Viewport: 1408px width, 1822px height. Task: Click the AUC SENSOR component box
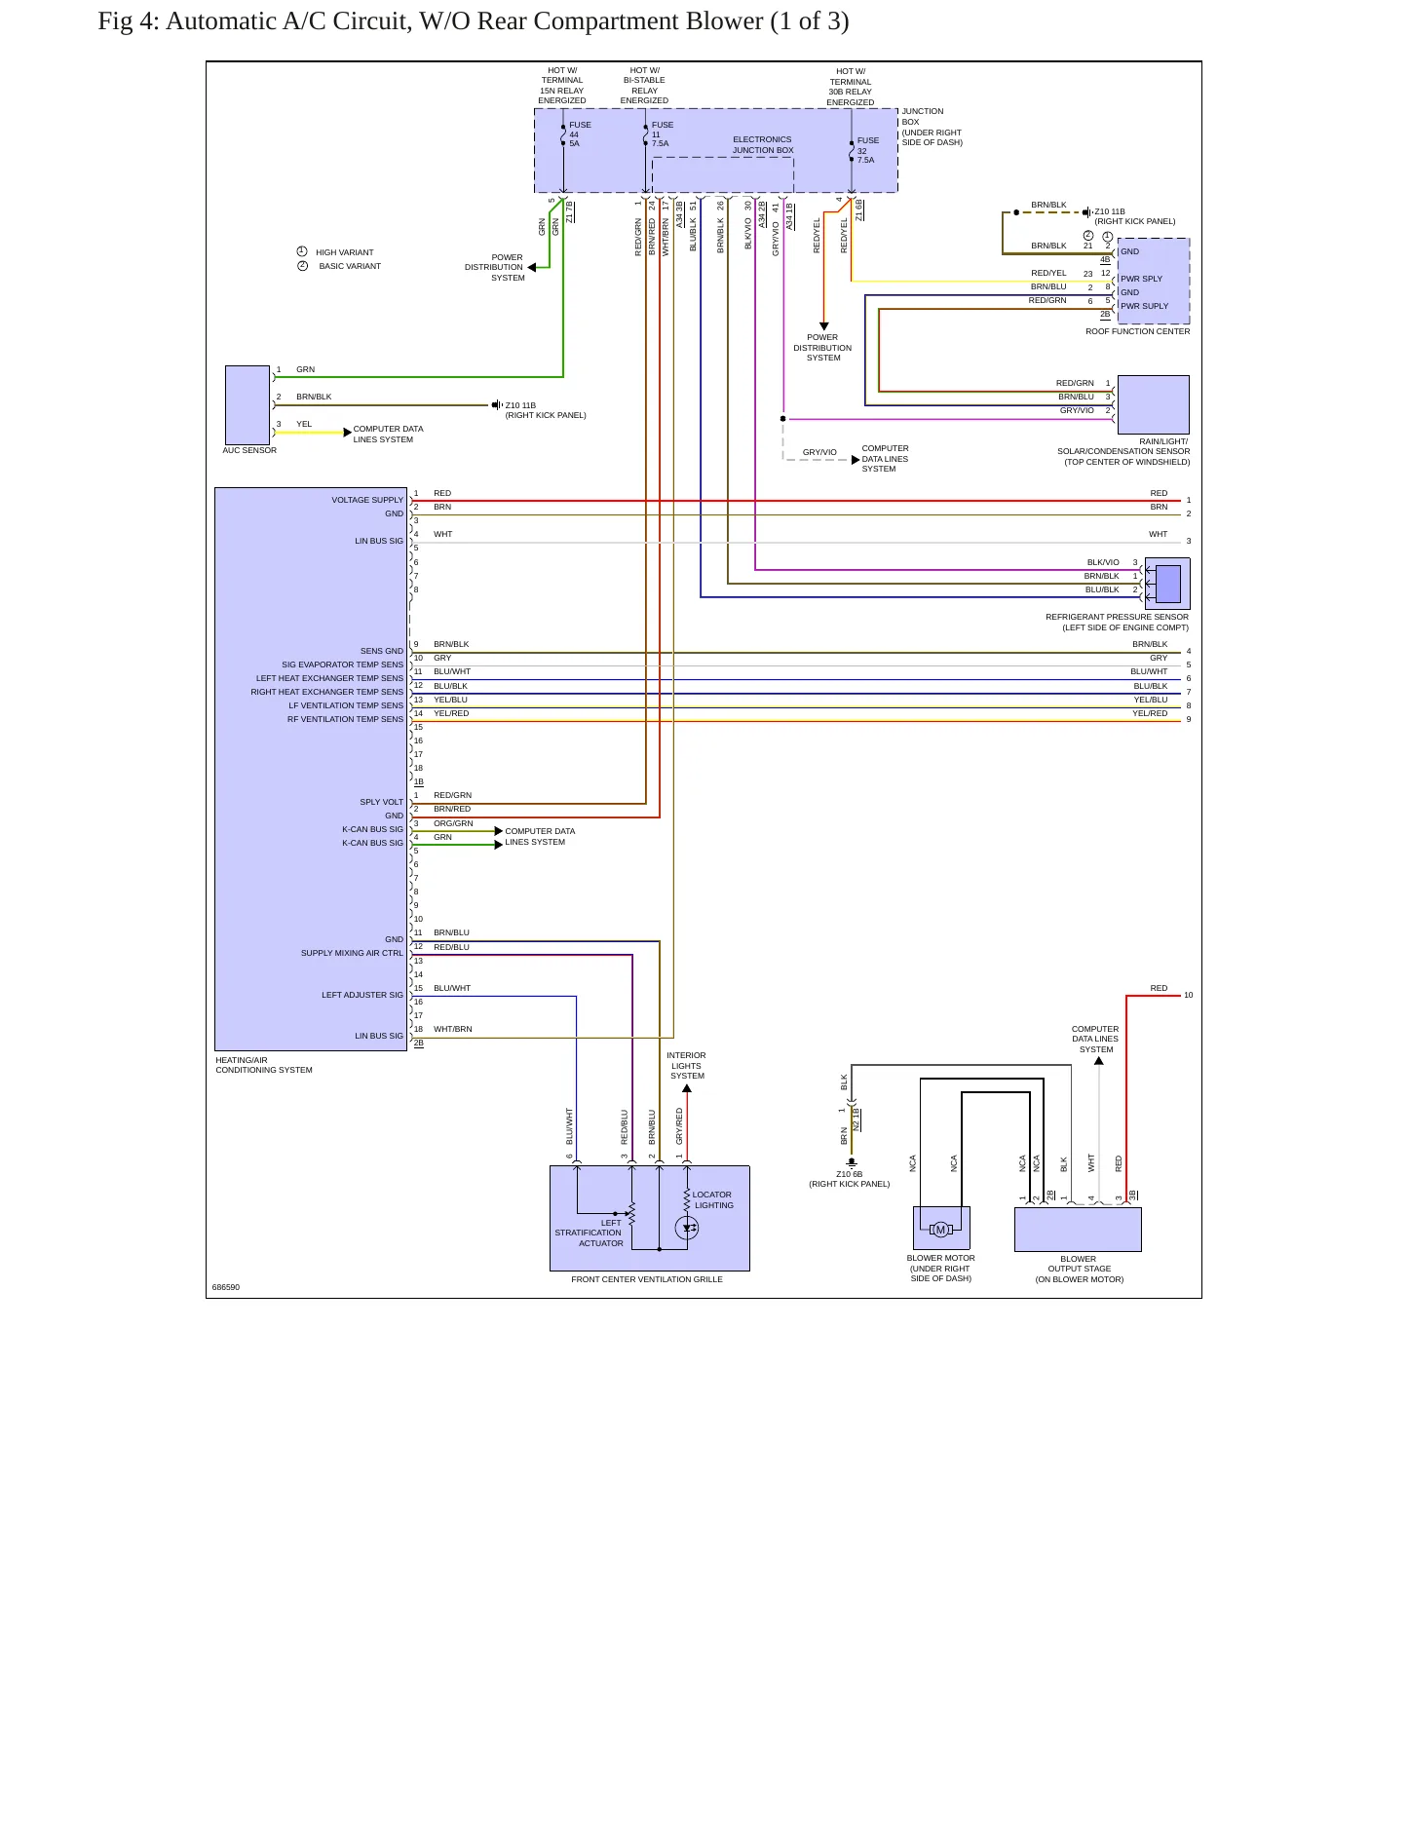pyautogui.click(x=247, y=405)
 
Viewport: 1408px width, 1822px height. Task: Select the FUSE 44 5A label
pyautogui.click(x=580, y=134)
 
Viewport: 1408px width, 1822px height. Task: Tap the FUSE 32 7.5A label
pyautogui.click(x=867, y=150)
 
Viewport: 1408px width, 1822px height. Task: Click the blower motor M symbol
pyautogui.click(x=940, y=1230)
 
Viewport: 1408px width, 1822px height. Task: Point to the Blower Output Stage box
pyautogui.click(x=1078, y=1230)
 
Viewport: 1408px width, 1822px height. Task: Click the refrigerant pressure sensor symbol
pyautogui.click(x=1167, y=584)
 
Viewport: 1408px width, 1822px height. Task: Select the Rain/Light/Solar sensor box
pyautogui.click(x=1154, y=404)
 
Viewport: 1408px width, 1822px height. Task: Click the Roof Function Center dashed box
pyautogui.click(x=1154, y=282)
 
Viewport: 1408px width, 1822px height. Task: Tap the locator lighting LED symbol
pyautogui.click(x=687, y=1228)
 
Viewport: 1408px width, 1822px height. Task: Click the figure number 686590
pyautogui.click(x=226, y=1287)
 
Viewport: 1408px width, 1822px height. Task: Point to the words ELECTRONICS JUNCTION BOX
pyautogui.click(x=763, y=145)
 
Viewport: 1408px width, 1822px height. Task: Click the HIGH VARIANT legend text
pyautogui.click(x=345, y=252)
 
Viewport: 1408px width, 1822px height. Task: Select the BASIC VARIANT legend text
pyautogui.click(x=350, y=266)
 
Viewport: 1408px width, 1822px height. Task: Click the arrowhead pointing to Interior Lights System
pyautogui.click(x=687, y=1088)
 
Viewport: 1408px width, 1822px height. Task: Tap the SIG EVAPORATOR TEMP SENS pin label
pyautogui.click(x=342, y=664)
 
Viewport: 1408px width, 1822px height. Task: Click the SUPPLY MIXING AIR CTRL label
pyautogui.click(x=352, y=953)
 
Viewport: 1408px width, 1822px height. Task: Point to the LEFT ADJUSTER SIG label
pyautogui.click(x=362, y=995)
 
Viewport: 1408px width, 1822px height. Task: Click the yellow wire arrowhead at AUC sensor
pyautogui.click(x=348, y=433)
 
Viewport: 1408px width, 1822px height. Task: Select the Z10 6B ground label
pyautogui.click(x=849, y=1174)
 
